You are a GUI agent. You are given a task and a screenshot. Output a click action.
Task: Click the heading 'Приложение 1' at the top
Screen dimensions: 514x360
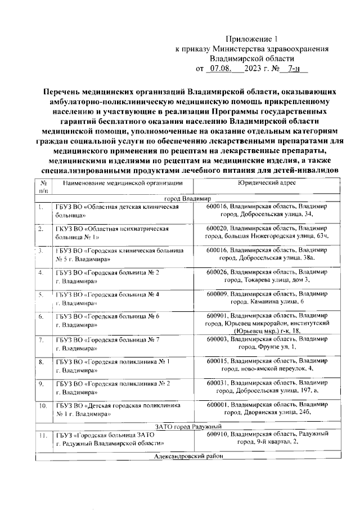(x=251, y=39)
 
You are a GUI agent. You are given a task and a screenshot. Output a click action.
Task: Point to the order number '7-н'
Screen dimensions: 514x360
(x=292, y=69)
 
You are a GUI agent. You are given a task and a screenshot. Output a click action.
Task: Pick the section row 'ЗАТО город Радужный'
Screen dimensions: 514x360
(x=188, y=426)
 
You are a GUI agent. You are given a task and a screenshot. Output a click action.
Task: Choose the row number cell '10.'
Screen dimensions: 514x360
(x=43, y=405)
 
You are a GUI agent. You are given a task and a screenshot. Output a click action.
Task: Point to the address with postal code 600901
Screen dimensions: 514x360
(x=267, y=324)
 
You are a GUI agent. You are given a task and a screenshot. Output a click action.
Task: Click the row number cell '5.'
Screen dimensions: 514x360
(x=43, y=295)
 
